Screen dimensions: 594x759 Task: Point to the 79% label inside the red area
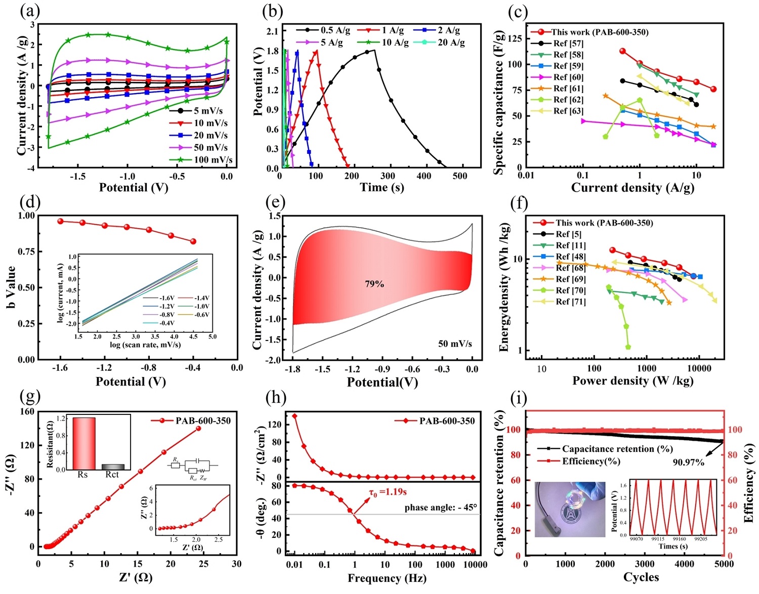(x=374, y=284)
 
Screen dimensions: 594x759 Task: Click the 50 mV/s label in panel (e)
(x=455, y=344)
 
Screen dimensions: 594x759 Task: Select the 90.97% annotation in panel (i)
(x=688, y=462)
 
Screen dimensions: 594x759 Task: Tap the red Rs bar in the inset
(x=84, y=443)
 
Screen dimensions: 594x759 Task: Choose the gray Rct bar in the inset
(x=112, y=466)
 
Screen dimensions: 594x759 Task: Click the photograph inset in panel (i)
(x=570, y=509)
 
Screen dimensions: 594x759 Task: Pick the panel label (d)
(x=30, y=203)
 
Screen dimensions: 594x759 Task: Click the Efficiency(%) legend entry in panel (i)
(x=591, y=461)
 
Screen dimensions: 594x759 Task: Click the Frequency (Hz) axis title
(x=387, y=578)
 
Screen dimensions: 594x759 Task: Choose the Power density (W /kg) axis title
(x=632, y=380)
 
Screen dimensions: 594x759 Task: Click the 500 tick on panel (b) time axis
(x=460, y=176)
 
